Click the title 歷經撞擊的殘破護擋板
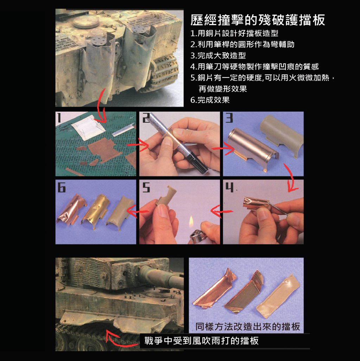(258, 20)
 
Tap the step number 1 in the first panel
(59, 118)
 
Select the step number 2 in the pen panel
(146, 118)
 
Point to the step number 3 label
(229, 118)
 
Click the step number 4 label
(229, 187)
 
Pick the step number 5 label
(146, 187)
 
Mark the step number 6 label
(62, 187)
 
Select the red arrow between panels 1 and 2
(138, 145)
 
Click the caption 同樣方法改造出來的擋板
(248, 327)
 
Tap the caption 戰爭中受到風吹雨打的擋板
(201, 341)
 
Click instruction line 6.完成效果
(210, 100)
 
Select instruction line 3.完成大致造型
(218, 56)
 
